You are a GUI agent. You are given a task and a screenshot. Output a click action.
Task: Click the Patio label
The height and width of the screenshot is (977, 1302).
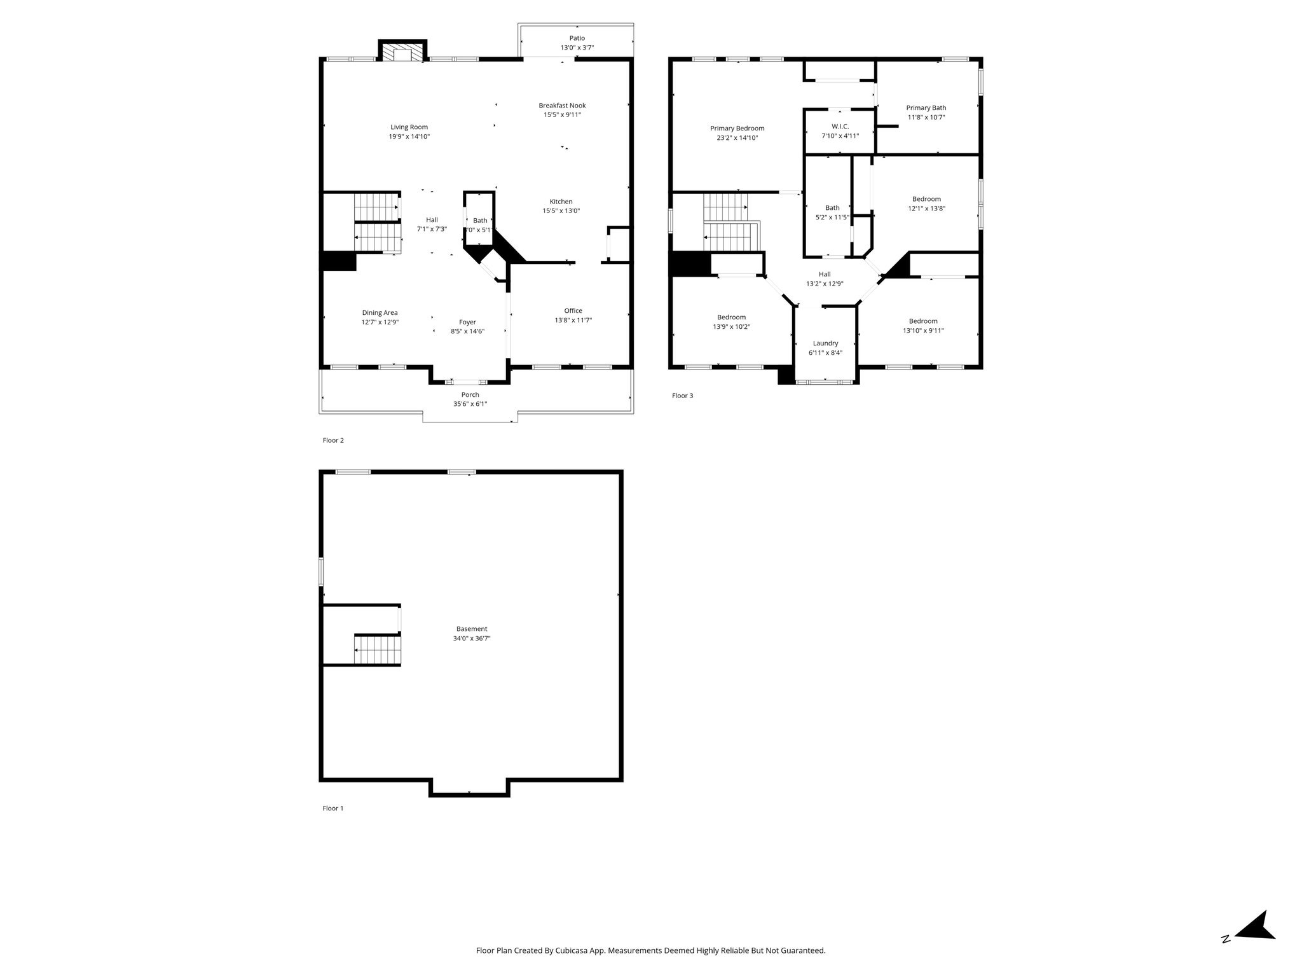click(577, 38)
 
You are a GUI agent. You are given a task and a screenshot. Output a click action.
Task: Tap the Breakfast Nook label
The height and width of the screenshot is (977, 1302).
click(562, 106)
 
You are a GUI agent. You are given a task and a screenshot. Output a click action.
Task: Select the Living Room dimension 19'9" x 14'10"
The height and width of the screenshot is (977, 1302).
click(409, 137)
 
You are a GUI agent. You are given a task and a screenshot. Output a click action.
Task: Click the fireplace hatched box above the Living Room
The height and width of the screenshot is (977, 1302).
click(402, 52)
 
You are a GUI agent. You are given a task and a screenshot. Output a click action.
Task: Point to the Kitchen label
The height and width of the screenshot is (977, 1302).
click(561, 202)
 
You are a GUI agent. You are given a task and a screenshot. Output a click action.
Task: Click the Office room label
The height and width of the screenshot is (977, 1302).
click(573, 311)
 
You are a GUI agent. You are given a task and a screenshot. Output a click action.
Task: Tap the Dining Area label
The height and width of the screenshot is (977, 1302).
click(380, 313)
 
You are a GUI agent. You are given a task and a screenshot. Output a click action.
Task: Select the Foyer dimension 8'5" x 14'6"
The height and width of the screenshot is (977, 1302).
click(468, 331)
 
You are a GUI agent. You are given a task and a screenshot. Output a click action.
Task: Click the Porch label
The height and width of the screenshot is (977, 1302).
click(470, 395)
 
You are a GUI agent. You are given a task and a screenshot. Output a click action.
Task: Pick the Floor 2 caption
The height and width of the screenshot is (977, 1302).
click(333, 440)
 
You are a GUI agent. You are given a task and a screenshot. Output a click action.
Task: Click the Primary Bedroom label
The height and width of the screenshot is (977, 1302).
click(737, 128)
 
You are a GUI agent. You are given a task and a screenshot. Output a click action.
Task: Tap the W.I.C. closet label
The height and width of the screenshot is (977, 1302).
click(840, 127)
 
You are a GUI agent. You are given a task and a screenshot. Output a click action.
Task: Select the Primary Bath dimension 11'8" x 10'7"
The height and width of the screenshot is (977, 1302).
click(926, 118)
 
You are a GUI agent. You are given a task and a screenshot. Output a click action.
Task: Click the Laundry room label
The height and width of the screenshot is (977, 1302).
click(826, 343)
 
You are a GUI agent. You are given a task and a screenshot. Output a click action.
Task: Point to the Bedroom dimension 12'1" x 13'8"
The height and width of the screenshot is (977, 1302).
click(926, 209)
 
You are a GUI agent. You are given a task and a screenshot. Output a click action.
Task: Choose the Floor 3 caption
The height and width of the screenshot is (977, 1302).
click(683, 396)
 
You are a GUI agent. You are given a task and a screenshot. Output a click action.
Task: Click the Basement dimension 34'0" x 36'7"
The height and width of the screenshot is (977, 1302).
click(472, 639)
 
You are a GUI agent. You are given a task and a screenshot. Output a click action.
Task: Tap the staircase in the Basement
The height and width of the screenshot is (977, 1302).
click(378, 649)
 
